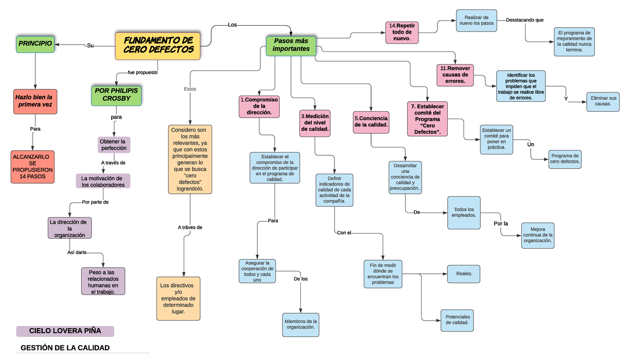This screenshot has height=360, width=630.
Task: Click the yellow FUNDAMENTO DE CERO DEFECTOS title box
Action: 157,46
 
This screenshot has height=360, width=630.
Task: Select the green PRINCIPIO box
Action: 35,44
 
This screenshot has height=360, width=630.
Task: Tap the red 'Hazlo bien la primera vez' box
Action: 35,101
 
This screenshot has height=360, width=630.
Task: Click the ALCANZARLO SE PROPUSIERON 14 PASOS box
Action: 32,167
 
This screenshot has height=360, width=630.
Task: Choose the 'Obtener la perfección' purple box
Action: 113,145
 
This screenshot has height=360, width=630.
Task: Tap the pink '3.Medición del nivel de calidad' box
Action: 315,123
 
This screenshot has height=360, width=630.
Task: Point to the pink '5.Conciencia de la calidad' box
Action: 371,122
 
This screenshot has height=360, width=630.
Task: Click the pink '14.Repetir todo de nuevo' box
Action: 402,32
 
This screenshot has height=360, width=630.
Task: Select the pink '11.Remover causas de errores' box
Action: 455,75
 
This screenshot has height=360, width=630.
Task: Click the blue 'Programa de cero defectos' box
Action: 565,159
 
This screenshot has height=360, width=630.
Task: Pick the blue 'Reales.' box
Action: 464,273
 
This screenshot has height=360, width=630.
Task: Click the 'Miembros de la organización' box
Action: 300,324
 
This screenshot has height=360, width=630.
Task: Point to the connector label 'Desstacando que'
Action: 524,20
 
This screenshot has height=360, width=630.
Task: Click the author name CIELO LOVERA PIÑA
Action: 65,331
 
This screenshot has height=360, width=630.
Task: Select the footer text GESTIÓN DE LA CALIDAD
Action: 65,348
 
